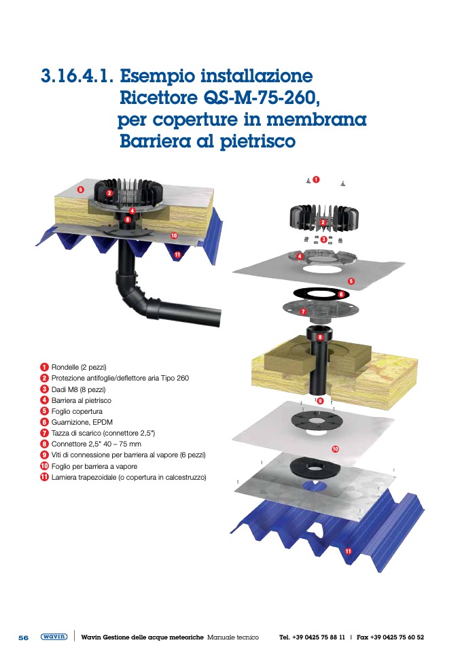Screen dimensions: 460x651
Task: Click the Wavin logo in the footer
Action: [54, 637]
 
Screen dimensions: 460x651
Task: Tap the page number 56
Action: [24, 637]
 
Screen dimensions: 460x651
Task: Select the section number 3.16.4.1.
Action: [77, 76]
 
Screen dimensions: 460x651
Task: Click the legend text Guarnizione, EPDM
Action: [82, 422]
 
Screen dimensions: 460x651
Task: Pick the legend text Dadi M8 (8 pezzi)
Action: [78, 389]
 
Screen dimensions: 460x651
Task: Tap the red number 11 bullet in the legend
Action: [44, 477]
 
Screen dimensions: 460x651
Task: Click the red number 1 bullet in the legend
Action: [44, 367]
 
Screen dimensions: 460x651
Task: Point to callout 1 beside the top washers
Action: [316, 180]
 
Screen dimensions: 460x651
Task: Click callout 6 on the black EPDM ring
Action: [341, 294]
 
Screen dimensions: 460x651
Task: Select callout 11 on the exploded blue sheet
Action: [348, 551]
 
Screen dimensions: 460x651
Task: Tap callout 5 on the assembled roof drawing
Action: [81, 190]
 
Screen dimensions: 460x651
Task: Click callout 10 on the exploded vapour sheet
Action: [335, 448]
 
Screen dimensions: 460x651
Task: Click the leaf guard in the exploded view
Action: [324, 218]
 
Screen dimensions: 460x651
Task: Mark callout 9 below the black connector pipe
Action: [319, 401]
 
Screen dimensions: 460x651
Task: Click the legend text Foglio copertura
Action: [77, 411]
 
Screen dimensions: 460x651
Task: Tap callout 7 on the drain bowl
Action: [303, 311]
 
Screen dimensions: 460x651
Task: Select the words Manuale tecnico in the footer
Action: [232, 637]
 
